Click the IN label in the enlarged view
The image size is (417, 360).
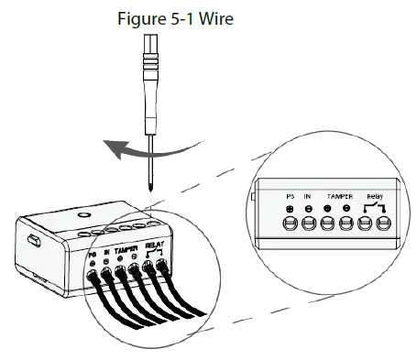309,195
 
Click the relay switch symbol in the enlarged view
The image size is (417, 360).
374,207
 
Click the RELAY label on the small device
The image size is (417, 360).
154,245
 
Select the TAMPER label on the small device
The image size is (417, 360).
125,249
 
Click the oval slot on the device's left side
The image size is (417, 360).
34,240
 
